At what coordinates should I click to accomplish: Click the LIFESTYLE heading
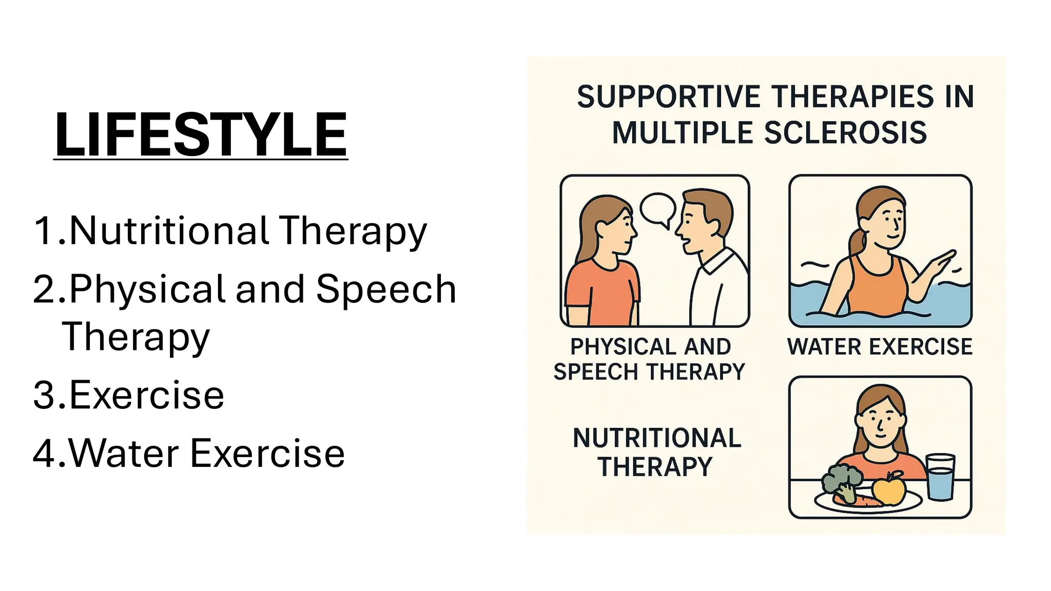coord(201,134)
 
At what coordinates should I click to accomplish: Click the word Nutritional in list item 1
coord(169,230)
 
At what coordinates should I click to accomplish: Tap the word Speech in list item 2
coord(386,289)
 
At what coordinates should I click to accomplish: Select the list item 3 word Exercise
coord(146,395)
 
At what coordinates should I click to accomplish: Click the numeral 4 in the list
coord(43,454)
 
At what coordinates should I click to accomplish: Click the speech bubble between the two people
coord(657,208)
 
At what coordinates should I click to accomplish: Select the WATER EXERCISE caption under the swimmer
coord(880,347)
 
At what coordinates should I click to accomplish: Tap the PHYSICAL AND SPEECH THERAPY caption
coord(650,359)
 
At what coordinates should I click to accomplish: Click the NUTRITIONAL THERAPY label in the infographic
coord(656,452)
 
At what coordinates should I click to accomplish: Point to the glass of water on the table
coord(940,477)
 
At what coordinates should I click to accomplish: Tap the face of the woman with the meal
coord(880,423)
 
